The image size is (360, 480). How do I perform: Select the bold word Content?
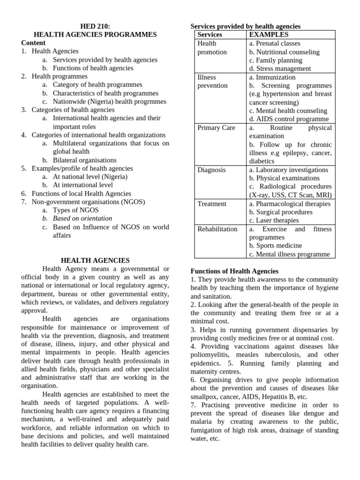[33, 43]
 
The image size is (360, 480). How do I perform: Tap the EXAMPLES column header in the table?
[269, 35]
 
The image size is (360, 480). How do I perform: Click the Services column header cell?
[210, 35]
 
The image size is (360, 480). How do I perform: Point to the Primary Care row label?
[216, 127]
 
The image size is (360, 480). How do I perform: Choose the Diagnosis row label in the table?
[211, 170]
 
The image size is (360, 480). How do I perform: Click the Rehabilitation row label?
[217, 229]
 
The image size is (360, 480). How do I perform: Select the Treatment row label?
[212, 203]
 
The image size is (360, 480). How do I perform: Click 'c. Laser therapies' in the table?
[274, 220]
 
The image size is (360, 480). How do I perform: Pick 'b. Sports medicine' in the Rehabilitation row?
[276, 245]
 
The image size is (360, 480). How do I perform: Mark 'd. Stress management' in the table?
[280, 68]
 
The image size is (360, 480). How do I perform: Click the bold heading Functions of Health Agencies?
[234, 271]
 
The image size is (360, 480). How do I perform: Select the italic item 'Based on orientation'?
[82, 218]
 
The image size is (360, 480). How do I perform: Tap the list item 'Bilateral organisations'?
[85, 160]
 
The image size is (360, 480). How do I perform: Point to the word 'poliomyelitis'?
[210, 355]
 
